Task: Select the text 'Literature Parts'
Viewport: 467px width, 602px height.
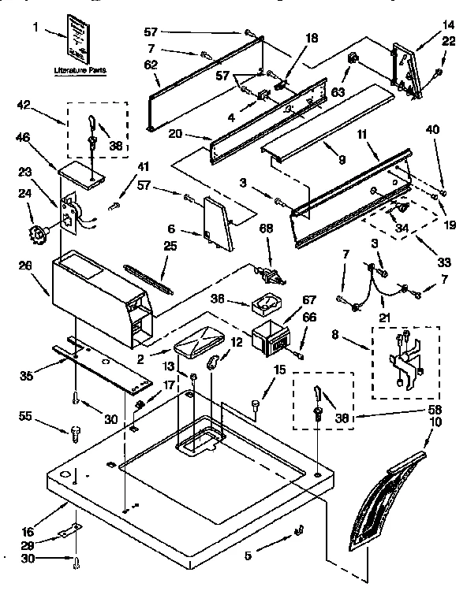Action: click(x=79, y=70)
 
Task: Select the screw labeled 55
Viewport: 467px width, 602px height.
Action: click(x=76, y=431)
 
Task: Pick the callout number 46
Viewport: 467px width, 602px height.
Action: click(x=24, y=136)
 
